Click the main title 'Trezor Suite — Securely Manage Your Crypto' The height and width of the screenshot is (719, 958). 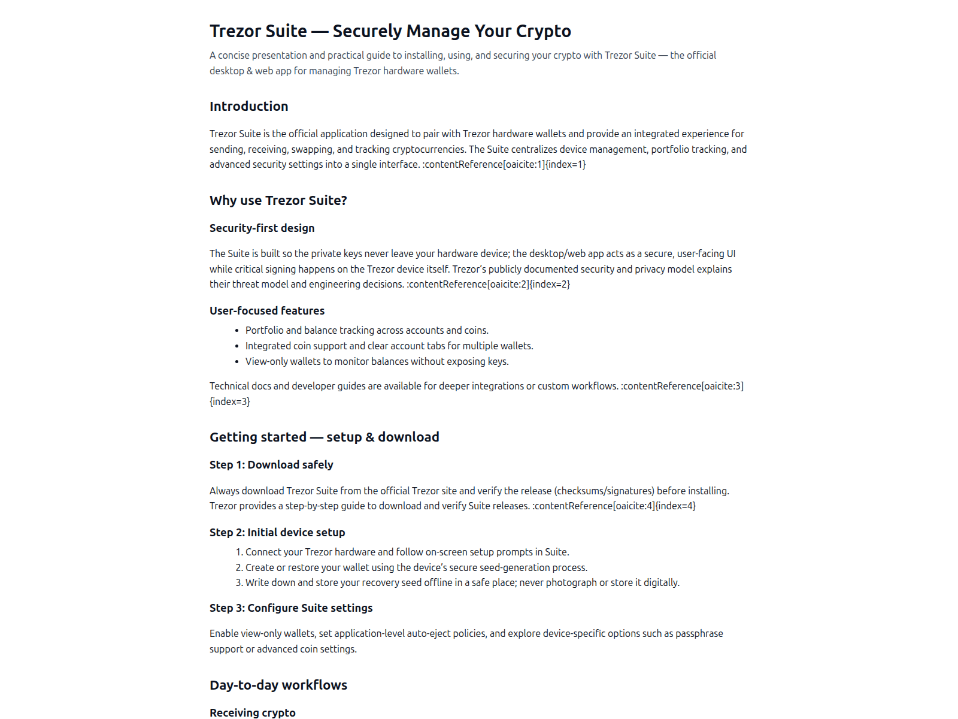point(390,31)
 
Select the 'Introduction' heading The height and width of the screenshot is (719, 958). point(248,107)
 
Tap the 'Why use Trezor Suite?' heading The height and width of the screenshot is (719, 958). point(278,201)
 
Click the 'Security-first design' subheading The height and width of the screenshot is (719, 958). point(262,228)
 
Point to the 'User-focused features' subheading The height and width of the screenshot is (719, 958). point(266,311)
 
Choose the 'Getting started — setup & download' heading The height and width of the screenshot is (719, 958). point(324,437)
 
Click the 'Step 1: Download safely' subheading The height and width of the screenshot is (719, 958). point(271,465)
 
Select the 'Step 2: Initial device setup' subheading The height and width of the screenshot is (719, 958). point(277,533)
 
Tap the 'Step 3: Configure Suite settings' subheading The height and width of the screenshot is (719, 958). point(290,608)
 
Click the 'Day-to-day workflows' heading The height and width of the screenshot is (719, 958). point(278,685)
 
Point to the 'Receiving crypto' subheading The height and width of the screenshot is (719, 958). point(252,712)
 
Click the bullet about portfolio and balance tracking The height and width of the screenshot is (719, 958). point(366,331)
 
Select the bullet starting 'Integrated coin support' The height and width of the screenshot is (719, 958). point(389,346)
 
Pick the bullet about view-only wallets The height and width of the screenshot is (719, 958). point(377,362)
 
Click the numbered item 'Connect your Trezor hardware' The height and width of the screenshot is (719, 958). point(407,552)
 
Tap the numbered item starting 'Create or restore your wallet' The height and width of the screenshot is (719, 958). point(416,568)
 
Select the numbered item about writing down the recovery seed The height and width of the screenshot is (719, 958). point(462,583)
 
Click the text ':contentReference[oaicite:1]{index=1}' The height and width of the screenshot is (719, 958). point(504,165)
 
